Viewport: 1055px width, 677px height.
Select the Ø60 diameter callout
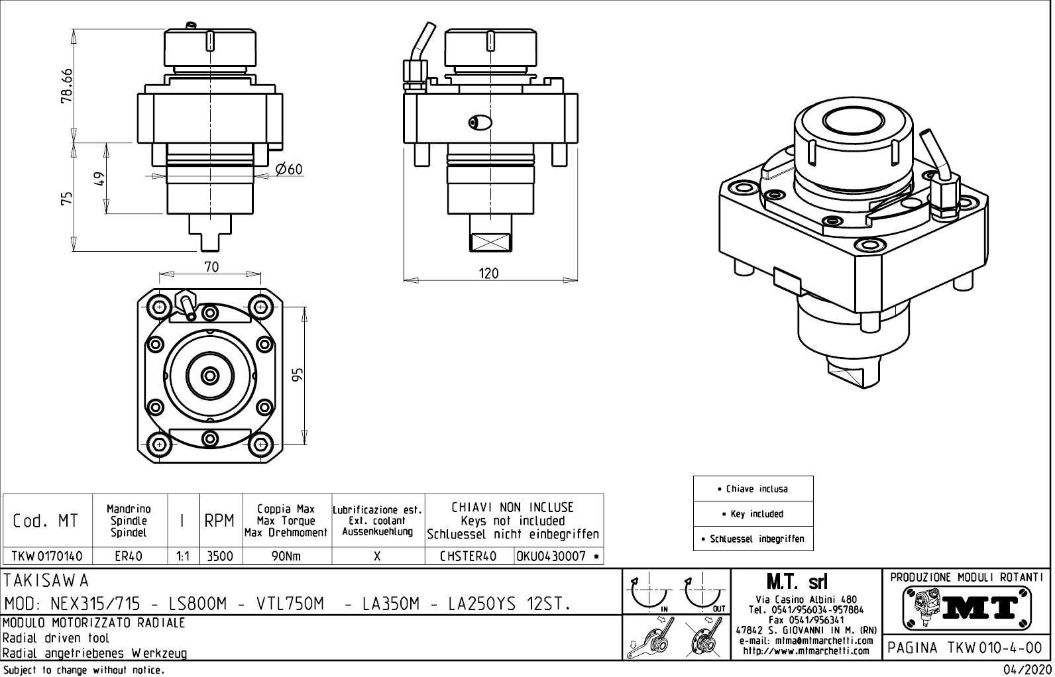(x=288, y=170)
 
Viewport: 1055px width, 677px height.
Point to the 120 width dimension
(x=488, y=273)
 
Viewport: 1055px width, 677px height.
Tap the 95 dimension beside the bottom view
(x=298, y=376)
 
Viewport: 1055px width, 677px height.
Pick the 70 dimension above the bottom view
(x=211, y=267)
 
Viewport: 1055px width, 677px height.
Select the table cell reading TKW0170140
(x=47, y=556)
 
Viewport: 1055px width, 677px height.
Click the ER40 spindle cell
(x=129, y=556)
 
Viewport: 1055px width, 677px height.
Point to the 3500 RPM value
(x=220, y=556)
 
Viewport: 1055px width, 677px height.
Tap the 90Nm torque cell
(x=286, y=556)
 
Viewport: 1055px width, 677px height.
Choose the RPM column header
(x=220, y=521)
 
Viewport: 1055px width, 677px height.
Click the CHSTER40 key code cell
(x=469, y=556)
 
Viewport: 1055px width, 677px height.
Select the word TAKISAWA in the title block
(x=46, y=581)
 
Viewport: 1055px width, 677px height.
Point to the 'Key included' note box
(x=753, y=514)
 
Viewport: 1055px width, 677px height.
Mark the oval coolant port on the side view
(x=480, y=123)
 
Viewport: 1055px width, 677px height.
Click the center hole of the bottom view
(x=211, y=376)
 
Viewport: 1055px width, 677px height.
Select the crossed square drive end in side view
(x=490, y=242)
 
